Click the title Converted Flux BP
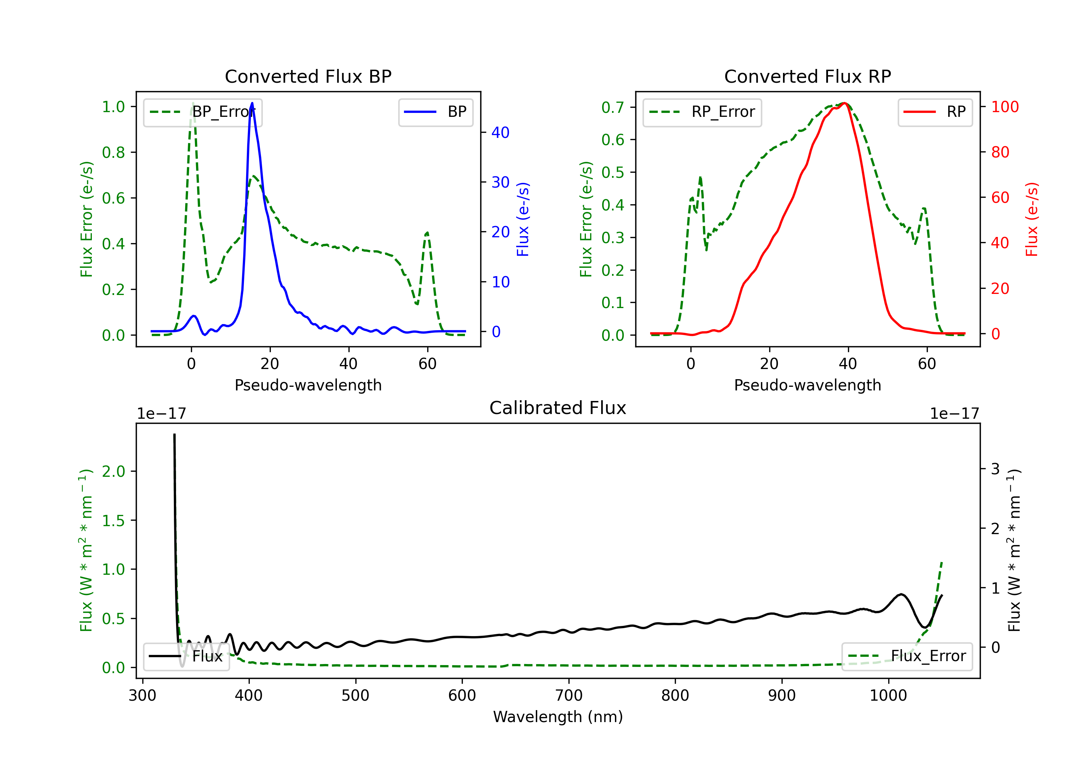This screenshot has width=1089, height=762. [x=308, y=76]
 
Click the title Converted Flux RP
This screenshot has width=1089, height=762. [x=807, y=76]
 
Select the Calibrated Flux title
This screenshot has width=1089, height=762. [x=558, y=408]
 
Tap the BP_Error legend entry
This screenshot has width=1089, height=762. [x=203, y=112]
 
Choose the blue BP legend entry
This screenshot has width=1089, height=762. [x=435, y=112]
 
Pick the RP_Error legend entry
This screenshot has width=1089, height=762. [x=702, y=112]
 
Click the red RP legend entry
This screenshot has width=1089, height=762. [x=935, y=112]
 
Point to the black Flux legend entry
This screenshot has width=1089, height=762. [x=186, y=656]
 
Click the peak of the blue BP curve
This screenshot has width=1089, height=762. [x=252, y=103]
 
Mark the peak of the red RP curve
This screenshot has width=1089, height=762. [x=845, y=103]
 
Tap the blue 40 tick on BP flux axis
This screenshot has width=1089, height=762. [x=500, y=132]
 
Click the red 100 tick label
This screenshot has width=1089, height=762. [x=1005, y=107]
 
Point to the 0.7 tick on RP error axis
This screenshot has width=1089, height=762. [x=613, y=107]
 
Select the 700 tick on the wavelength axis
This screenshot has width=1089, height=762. [x=569, y=696]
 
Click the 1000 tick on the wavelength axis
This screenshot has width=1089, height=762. [x=888, y=696]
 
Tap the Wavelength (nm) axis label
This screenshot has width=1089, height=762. [x=558, y=717]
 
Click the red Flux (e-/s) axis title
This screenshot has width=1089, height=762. [x=1032, y=219]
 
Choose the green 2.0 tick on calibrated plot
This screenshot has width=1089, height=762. [x=113, y=471]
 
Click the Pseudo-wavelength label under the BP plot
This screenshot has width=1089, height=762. [x=308, y=385]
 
